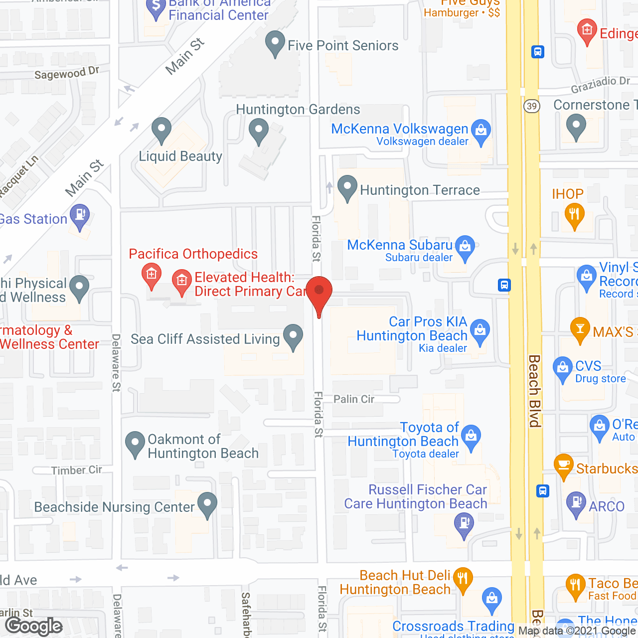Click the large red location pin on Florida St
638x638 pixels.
tap(319, 294)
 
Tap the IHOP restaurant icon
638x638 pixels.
tap(574, 216)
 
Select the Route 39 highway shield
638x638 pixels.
tap(532, 106)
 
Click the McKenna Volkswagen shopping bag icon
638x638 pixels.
tap(481, 131)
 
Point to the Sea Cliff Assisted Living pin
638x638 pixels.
tap(293, 336)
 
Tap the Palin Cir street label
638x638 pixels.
tap(354, 399)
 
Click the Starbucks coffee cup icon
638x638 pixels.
tap(564, 466)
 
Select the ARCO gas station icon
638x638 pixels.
tap(576, 503)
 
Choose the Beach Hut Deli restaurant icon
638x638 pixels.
tap(463, 579)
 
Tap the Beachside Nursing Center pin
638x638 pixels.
tap(207, 504)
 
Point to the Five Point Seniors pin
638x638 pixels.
tap(275, 42)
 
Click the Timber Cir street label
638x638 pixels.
tap(76, 470)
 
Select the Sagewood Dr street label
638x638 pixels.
tap(67, 74)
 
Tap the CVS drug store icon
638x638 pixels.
tap(563, 369)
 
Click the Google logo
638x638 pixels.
tap(34, 626)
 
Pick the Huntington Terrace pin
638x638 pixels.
tap(347, 187)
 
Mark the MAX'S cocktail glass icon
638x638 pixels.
tap(580, 329)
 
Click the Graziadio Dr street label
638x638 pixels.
tap(600, 85)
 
